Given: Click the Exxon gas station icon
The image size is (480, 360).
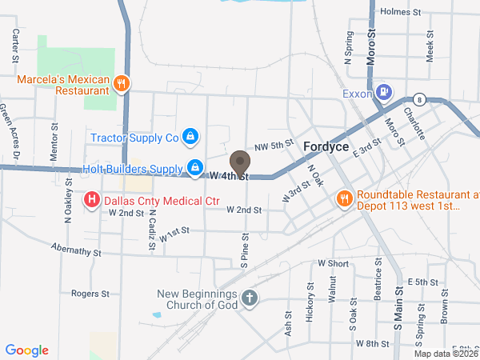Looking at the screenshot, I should coord(385,92).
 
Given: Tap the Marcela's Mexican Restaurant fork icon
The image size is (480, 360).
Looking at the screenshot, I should coord(121,82).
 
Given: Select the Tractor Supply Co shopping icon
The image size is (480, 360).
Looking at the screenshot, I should coord(190,138).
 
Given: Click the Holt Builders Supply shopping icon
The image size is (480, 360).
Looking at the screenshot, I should coord(194,168).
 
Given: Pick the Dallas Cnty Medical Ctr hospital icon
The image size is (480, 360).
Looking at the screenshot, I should coord(92,198).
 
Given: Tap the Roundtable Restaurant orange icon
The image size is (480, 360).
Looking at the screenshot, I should coord(345,198).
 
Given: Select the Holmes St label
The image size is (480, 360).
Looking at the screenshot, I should coord(401,11).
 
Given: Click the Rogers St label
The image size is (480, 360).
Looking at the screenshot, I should coord(90,294).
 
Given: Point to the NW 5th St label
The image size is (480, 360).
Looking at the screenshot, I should coord(270,146).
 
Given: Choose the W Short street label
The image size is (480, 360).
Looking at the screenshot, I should coord(333,263).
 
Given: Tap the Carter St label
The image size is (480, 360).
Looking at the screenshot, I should coord(15,46).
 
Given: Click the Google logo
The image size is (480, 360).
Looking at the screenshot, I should coord(27,350).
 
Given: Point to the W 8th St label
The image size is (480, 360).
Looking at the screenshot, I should coord(372,343).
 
